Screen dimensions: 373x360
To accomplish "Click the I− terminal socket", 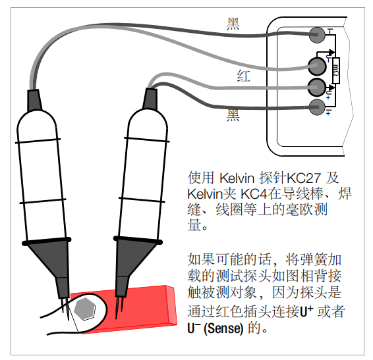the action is (x=317, y=35).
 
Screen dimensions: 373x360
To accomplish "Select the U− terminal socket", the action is (x=317, y=66).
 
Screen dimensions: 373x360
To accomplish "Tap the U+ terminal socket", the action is (x=317, y=88).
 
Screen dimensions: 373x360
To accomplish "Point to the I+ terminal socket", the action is (x=317, y=107).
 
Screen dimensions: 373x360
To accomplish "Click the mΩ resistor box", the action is (x=336, y=70).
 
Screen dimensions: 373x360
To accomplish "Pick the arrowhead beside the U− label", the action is (x=332, y=52).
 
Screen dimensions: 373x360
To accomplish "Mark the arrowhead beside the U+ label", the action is (x=331, y=88).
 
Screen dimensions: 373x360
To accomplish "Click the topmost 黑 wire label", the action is (x=233, y=24).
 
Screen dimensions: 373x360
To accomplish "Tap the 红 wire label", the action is (x=243, y=76).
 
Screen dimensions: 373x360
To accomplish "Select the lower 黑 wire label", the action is (x=233, y=115).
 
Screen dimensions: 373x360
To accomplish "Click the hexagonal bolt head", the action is (x=85, y=309).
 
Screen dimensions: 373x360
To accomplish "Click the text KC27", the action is (x=304, y=178).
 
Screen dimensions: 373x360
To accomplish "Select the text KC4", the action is (x=254, y=194).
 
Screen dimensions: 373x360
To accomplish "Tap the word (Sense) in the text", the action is (x=223, y=328).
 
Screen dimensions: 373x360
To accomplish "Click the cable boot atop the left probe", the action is (x=34, y=100).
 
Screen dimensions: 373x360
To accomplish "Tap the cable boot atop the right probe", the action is (x=150, y=99).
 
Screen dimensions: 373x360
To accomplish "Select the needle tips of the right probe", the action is (x=119, y=308).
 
